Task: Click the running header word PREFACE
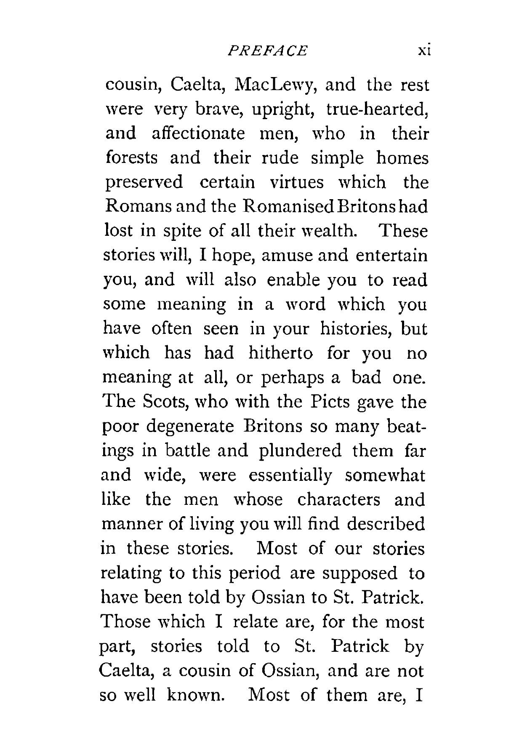point(267,51)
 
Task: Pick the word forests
point(131,158)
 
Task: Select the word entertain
point(391,256)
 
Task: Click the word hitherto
point(280,352)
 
